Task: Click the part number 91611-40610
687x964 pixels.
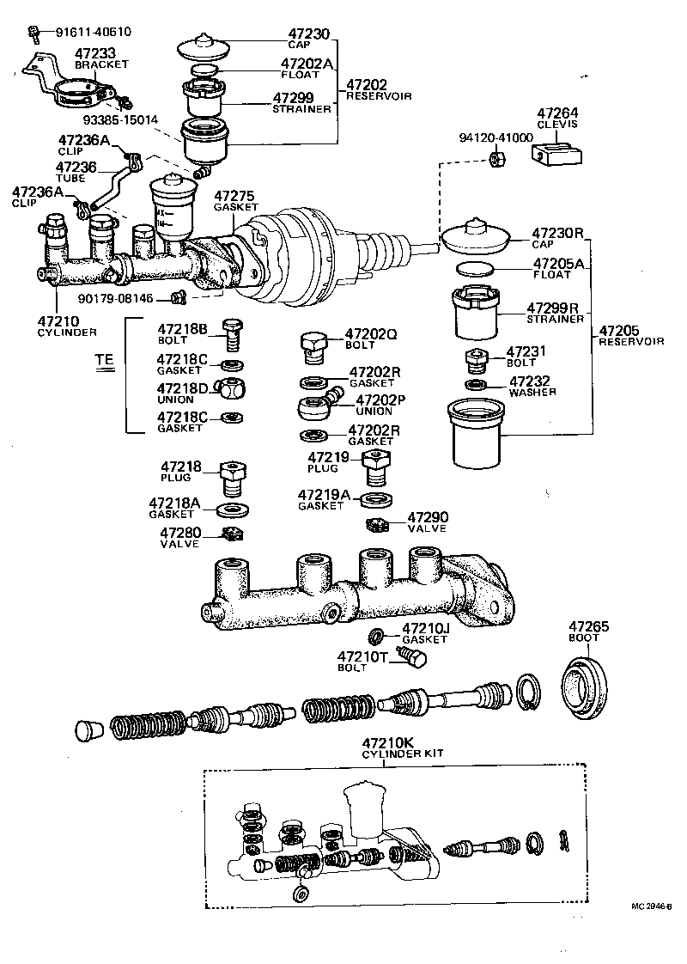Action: pyautogui.click(x=94, y=33)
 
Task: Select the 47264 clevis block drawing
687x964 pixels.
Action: pyautogui.click(x=556, y=156)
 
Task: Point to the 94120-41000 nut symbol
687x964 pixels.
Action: pyautogui.click(x=495, y=158)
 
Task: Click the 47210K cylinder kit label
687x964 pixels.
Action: pyautogui.click(x=390, y=742)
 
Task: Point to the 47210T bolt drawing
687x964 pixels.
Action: pyautogui.click(x=416, y=660)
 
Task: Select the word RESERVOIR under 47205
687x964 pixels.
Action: pyautogui.click(x=631, y=341)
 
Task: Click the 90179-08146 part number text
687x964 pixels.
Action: pyautogui.click(x=115, y=298)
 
